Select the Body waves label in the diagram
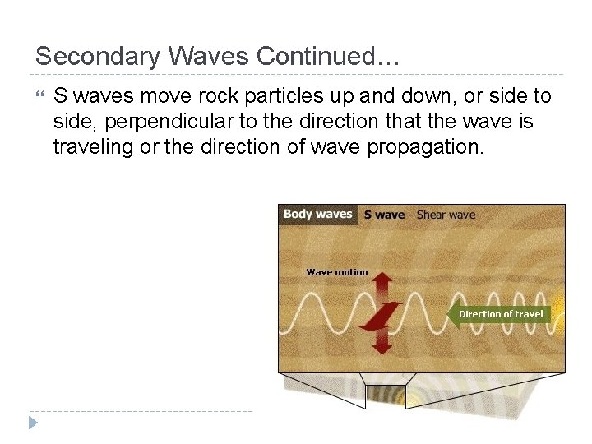point(317,214)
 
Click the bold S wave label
point(384,215)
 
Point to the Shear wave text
point(446,215)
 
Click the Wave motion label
point(337,272)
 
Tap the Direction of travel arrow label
point(500,314)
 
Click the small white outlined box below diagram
point(385,397)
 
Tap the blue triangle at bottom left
point(33,423)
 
